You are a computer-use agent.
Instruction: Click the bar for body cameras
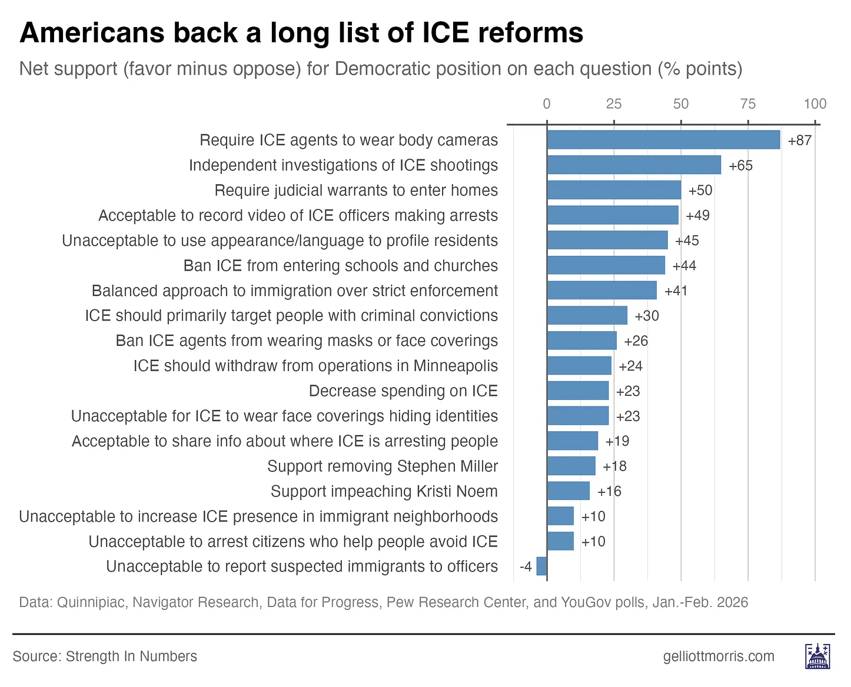pyautogui.click(x=663, y=140)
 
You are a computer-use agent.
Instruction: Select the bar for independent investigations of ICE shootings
pyautogui.click(x=634, y=165)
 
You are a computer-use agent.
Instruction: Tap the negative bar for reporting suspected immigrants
pyautogui.click(x=542, y=566)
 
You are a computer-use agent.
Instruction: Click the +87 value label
pyautogui.click(x=800, y=141)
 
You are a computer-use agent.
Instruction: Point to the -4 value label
pyautogui.click(x=526, y=567)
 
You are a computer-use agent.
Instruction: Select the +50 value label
pyautogui.click(x=700, y=191)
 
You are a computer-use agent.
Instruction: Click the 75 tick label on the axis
pyautogui.click(x=748, y=104)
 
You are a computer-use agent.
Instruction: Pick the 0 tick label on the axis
pyautogui.click(x=547, y=104)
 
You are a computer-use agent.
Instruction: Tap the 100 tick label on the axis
pyautogui.click(x=815, y=104)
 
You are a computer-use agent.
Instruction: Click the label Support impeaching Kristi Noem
pyautogui.click(x=384, y=491)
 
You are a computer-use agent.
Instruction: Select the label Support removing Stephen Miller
pyautogui.click(x=382, y=466)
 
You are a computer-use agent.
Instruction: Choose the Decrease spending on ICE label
pyautogui.click(x=403, y=391)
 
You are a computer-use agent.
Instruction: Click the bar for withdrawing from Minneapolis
pyautogui.click(x=579, y=366)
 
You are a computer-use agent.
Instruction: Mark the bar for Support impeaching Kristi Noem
pyautogui.click(x=569, y=491)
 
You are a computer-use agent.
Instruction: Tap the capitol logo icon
pyautogui.click(x=817, y=656)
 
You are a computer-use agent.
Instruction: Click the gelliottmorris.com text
pyautogui.click(x=719, y=656)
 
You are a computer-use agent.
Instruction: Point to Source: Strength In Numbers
pyautogui.click(x=105, y=656)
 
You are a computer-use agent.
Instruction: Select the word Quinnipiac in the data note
pyautogui.click(x=92, y=603)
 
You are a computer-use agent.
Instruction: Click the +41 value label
pyautogui.click(x=676, y=291)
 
